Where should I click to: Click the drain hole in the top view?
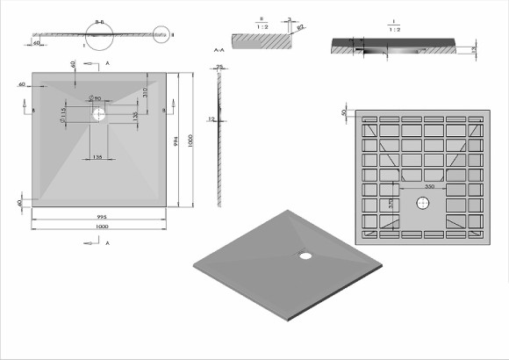click(x=99, y=113)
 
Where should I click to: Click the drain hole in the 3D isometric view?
click(x=305, y=256)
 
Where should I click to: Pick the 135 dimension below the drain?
click(x=99, y=157)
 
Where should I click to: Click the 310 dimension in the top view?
click(x=144, y=94)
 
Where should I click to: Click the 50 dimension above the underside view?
click(x=343, y=113)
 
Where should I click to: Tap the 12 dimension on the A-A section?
click(x=211, y=118)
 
